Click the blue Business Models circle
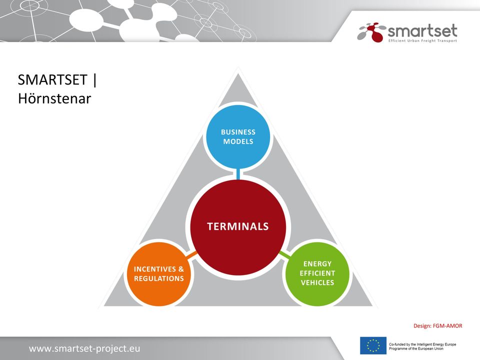[x=238, y=136]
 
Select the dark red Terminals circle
[x=238, y=227]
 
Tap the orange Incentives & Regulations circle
[x=159, y=274]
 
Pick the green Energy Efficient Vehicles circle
[x=317, y=274]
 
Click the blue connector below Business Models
[x=238, y=174]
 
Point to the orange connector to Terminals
[x=191, y=254]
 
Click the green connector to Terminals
[x=284, y=254]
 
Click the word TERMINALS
[x=238, y=226]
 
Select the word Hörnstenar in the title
[x=54, y=98]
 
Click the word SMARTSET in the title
[x=52, y=80]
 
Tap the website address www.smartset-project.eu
[x=84, y=348]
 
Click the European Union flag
[x=373, y=345]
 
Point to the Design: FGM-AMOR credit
[x=438, y=325]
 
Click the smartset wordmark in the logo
[x=422, y=31]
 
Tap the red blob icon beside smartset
[x=375, y=32]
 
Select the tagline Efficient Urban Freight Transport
[x=422, y=40]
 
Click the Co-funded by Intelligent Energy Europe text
[x=422, y=346]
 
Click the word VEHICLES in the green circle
[x=317, y=282]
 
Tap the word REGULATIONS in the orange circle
[x=159, y=278]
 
